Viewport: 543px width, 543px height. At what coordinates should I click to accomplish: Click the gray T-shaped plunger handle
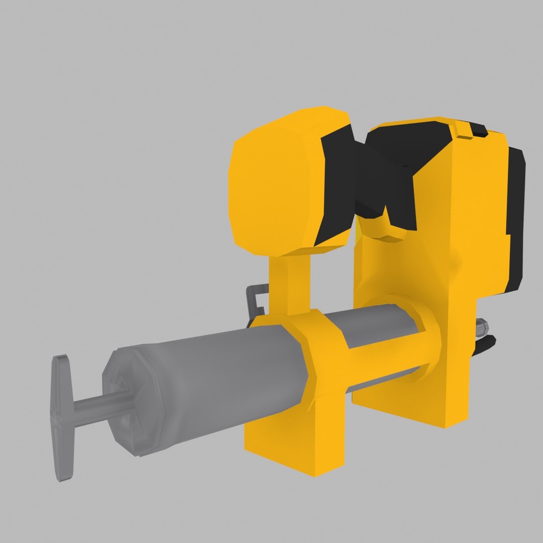coord(62,417)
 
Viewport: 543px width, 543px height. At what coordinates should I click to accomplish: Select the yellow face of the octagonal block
coord(274,184)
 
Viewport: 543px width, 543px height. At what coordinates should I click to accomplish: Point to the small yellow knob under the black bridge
coord(385,226)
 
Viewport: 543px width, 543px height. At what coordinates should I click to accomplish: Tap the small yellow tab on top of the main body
coord(463,128)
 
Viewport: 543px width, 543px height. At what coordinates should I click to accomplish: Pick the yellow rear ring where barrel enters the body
coord(425,342)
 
